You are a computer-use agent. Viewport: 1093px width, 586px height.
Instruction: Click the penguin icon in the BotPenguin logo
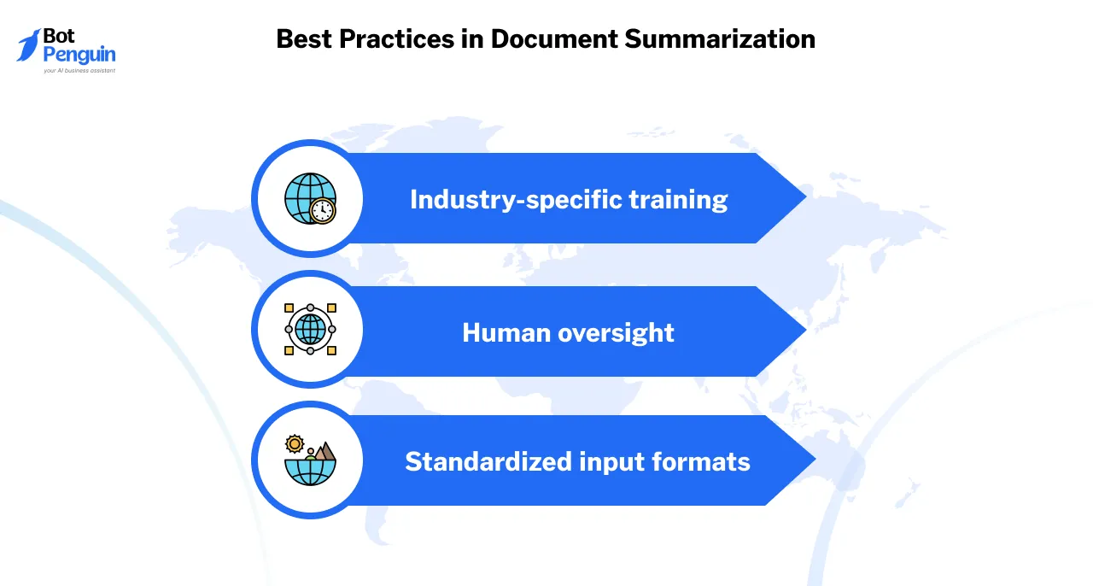30,45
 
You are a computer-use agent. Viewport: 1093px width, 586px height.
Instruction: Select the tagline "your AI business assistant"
79,71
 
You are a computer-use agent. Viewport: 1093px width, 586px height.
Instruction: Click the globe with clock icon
310,198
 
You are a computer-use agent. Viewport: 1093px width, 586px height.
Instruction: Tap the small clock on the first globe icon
323,210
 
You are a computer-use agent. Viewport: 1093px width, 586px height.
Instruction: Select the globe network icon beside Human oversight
310,329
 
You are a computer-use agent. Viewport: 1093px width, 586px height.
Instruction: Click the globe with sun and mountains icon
310,460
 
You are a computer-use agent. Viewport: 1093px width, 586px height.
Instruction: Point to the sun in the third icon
295,443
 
